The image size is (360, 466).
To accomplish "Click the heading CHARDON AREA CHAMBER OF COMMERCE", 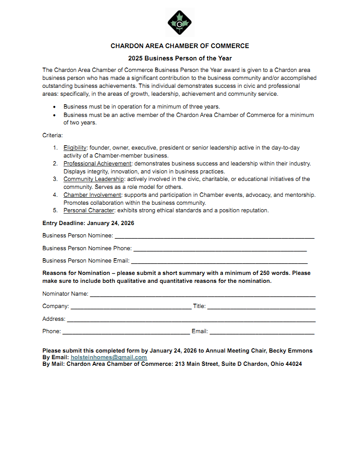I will coord(180,46).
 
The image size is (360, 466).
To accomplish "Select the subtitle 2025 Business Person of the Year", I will coord(180,58).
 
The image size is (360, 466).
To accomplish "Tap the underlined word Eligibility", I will coord(75,148).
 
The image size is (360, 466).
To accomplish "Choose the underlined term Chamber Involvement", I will coord(92,195).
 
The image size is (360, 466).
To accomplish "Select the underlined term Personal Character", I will coord(89,210).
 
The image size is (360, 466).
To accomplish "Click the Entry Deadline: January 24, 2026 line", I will coord(88,223).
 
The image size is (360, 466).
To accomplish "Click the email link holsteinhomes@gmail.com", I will coord(109,357).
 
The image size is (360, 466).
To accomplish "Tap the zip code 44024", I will coord(293,364).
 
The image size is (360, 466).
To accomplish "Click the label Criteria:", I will coord(52,135).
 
